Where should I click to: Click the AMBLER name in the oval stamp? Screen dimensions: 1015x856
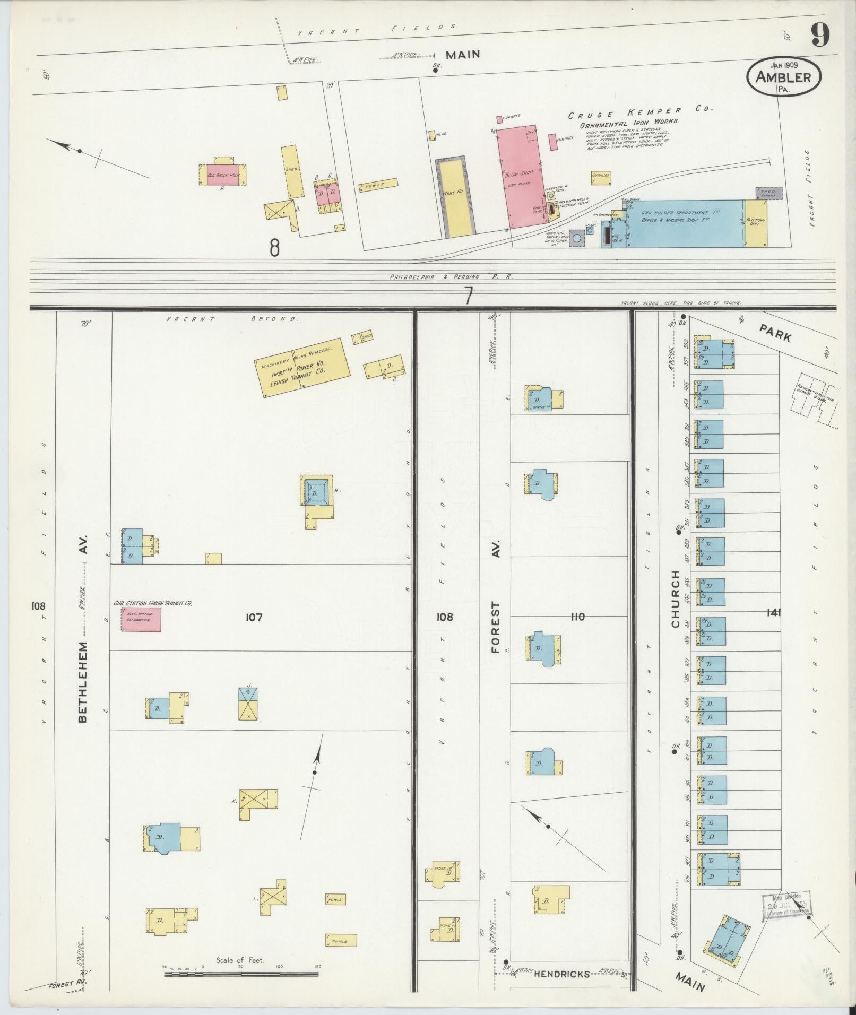pos(784,77)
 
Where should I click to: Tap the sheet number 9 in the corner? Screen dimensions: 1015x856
pos(820,36)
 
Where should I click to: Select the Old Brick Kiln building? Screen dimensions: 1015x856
pos(222,175)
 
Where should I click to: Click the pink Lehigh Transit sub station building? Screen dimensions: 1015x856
pos(141,620)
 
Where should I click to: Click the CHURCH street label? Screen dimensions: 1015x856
pos(675,599)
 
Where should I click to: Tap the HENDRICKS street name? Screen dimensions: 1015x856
pos(561,974)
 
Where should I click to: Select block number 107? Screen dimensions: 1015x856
pos(254,617)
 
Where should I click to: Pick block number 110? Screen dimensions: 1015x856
pos(577,617)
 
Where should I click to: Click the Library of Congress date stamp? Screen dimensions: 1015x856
pos(788,909)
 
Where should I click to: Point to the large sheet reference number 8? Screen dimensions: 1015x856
pos(274,247)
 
